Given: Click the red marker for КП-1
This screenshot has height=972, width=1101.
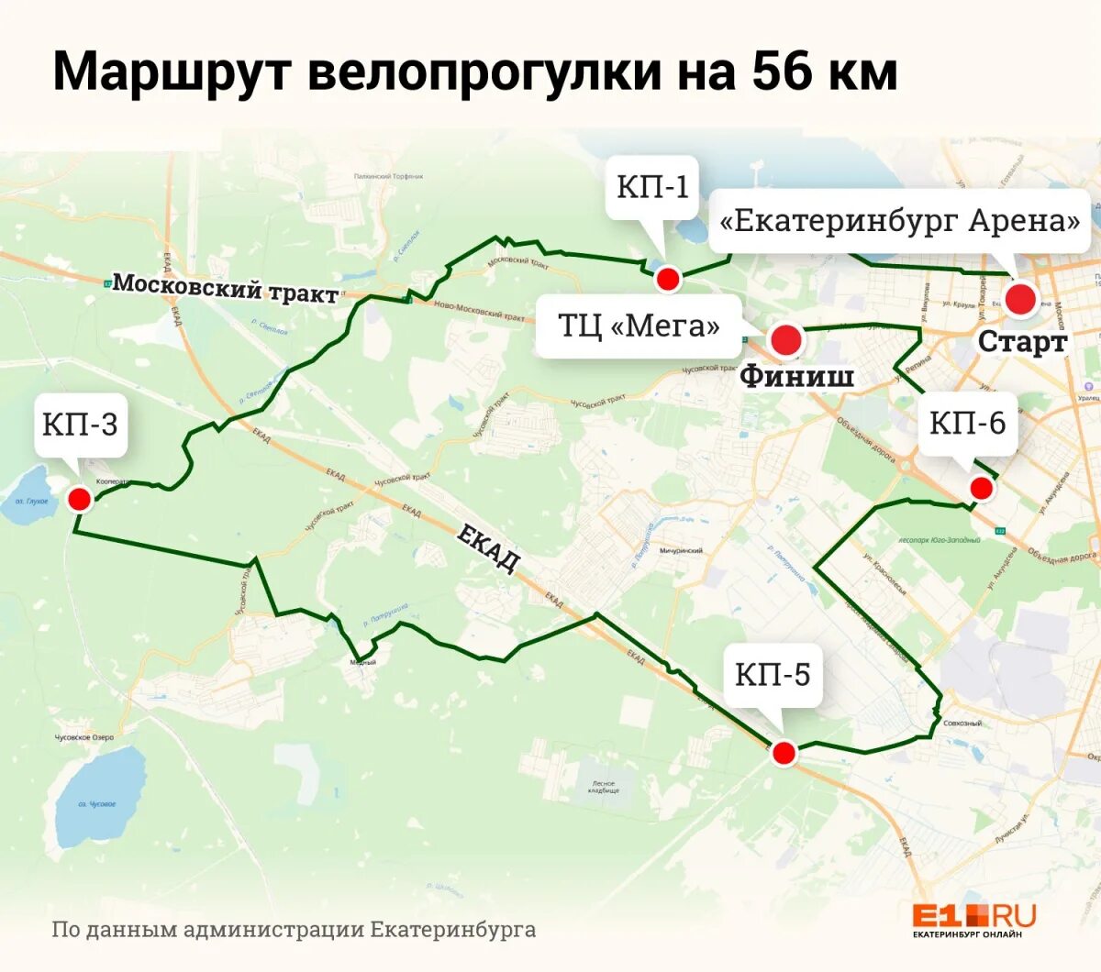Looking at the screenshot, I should pos(668,279).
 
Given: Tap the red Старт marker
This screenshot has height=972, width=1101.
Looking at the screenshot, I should pos(1019,300).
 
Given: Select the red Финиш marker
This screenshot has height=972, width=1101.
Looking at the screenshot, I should pos(785,340).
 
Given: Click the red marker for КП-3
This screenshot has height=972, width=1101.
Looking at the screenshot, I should pos(80,499).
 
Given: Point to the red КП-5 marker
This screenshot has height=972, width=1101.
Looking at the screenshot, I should pos(783,753).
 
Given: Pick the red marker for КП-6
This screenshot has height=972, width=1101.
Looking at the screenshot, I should pos(982,488).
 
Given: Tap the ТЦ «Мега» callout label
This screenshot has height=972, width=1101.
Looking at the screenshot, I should pos(639,326).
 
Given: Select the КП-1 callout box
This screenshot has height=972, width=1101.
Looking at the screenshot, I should pos(652,187).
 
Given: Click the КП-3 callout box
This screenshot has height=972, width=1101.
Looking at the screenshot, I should pos(80,424).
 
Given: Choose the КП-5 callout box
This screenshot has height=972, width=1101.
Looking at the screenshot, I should pos(773,675).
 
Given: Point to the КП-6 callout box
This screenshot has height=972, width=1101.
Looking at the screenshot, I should pos(967,423).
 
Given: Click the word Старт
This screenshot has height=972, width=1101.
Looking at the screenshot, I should pos(1022,341).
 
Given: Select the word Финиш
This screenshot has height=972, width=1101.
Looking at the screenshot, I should pos(796,375).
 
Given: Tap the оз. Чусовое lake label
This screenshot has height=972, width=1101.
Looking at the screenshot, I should pos(97,804).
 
